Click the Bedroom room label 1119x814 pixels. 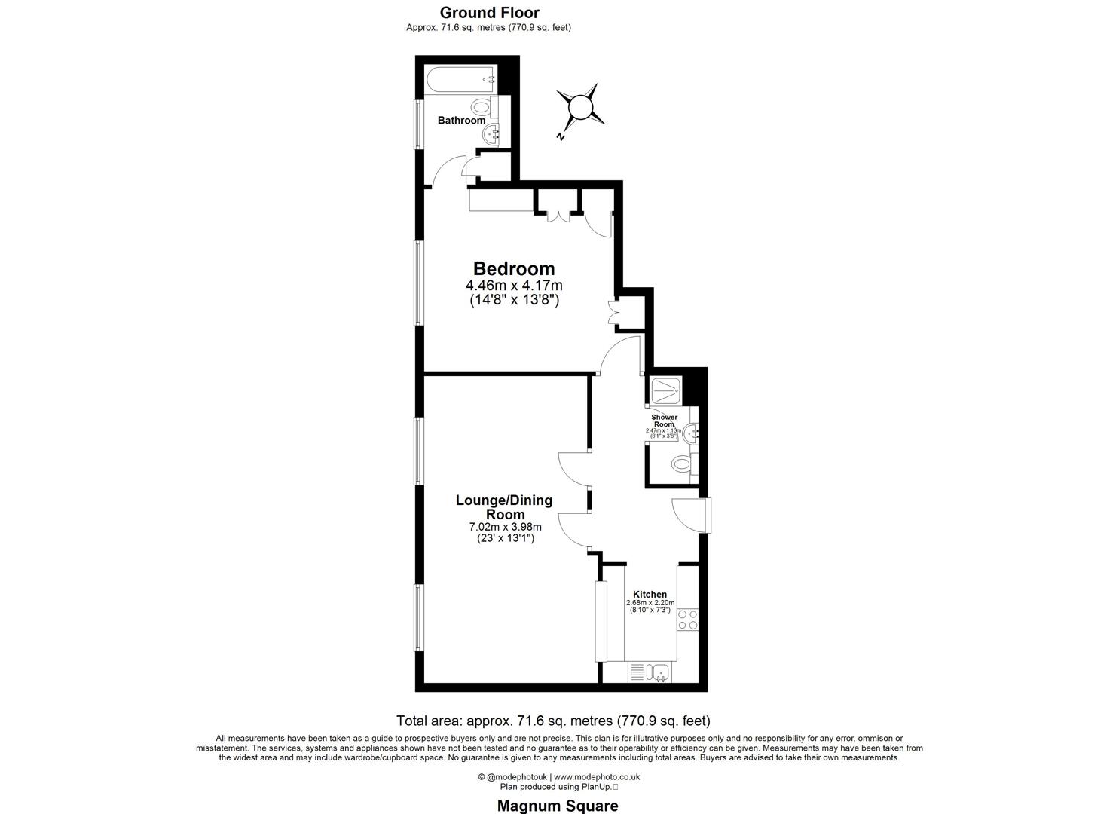514,268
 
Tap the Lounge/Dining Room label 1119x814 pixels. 503,507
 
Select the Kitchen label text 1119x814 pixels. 650,594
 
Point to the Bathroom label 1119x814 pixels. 461,121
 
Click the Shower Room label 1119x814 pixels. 664,421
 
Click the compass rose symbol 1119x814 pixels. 580,107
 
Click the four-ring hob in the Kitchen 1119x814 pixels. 687,620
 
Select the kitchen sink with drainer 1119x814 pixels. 650,672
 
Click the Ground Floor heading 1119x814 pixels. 489,12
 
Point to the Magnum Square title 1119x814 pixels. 558,806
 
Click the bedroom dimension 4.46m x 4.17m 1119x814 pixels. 514,286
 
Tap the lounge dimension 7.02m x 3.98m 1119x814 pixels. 504,527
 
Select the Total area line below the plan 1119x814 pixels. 553,720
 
